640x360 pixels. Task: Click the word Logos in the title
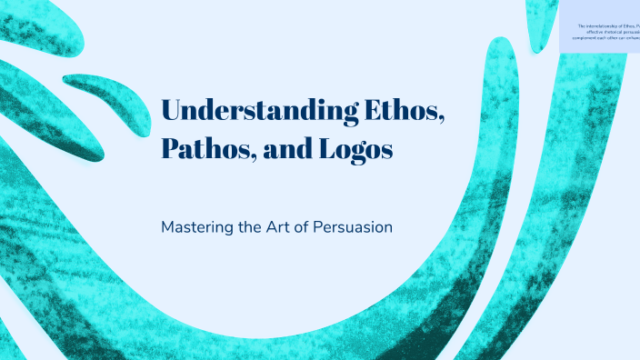pos(355,149)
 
